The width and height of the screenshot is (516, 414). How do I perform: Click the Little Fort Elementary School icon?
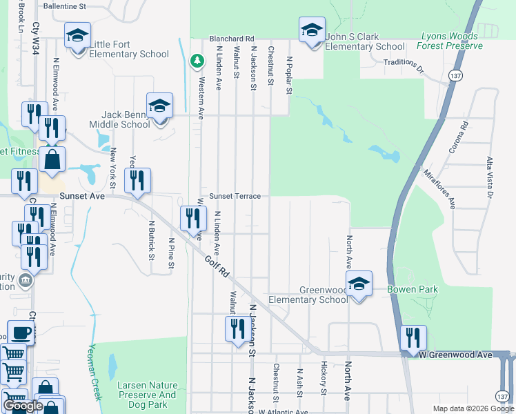pos(77,35)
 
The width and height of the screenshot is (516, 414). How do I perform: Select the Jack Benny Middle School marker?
pos(159,107)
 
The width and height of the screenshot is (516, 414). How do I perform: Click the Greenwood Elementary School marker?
pos(359,284)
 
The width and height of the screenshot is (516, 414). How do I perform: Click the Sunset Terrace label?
pos(235,196)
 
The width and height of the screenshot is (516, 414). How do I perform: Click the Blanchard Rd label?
pos(232,39)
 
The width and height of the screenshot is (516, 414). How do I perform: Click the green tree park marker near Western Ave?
pos(197,61)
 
